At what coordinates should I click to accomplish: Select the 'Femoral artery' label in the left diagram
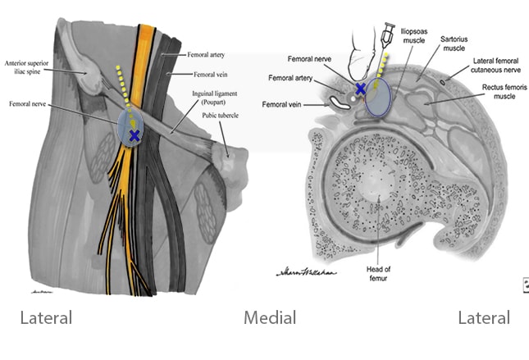[x=205, y=55]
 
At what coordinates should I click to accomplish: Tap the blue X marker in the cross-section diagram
[x=359, y=88]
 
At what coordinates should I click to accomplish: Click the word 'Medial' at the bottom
[x=269, y=317]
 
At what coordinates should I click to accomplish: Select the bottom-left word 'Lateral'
[x=45, y=317]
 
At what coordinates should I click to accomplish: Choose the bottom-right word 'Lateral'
[x=483, y=317]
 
